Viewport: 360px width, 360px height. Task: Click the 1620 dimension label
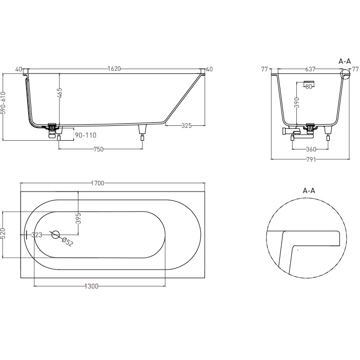(113, 69)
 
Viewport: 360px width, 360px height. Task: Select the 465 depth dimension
(60, 93)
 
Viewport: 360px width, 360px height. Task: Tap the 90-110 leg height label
(85, 135)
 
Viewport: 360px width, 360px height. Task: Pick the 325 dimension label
(186, 125)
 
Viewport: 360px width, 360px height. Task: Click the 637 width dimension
(310, 69)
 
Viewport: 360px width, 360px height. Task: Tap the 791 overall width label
(310, 159)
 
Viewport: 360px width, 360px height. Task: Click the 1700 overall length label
(98, 183)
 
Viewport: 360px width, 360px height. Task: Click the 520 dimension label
(3, 234)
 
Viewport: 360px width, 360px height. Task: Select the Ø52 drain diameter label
(67, 242)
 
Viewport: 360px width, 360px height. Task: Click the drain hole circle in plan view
(55, 234)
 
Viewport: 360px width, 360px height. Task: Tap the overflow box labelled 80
(308, 85)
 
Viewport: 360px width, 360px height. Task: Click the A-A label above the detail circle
(309, 191)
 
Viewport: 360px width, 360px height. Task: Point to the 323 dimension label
(37, 235)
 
